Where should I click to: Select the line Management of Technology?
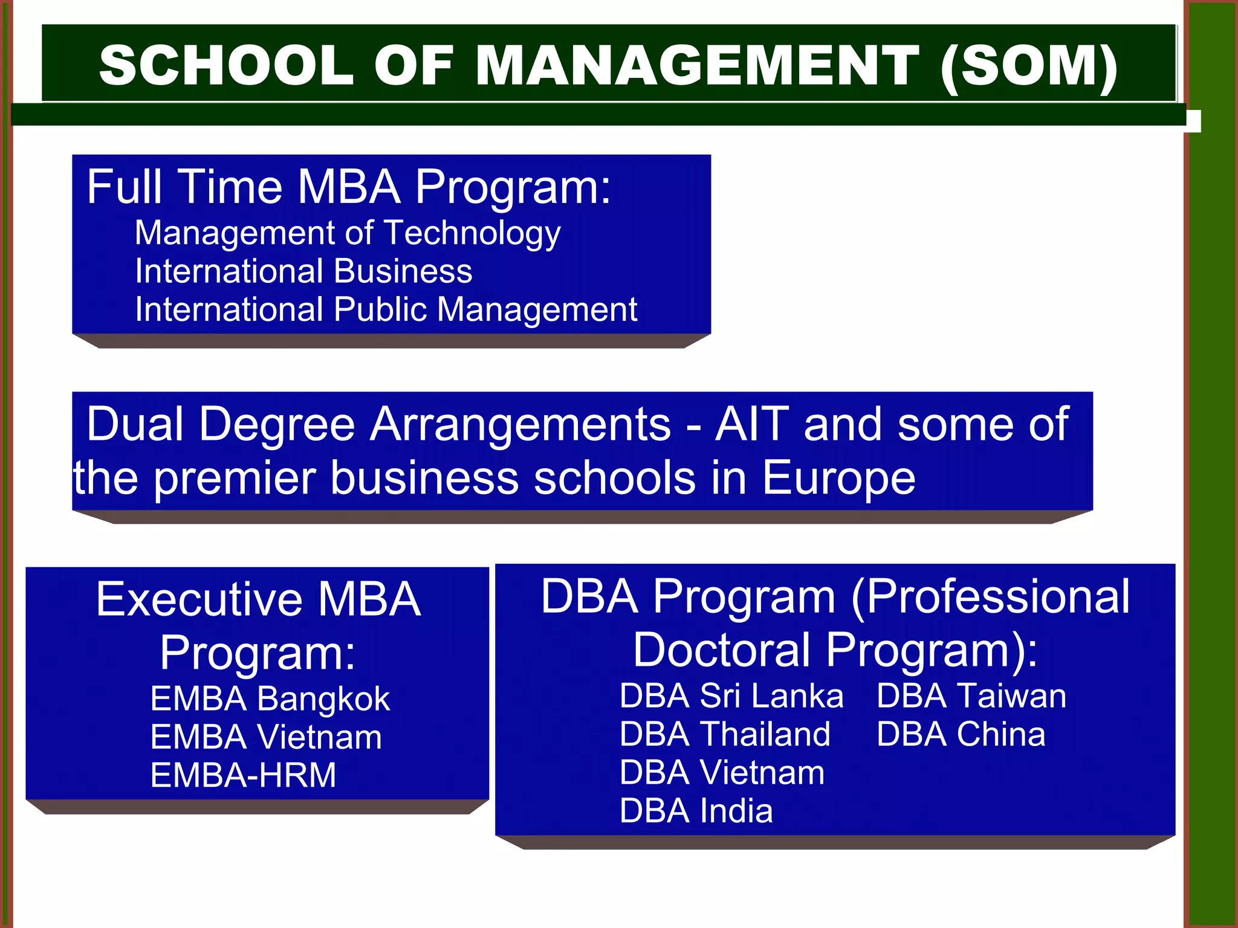tap(348, 233)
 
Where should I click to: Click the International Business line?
tap(303, 271)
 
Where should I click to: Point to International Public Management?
tap(386, 309)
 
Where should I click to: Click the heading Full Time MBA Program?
tap(349, 187)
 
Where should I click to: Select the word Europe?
tap(838, 478)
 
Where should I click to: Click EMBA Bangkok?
tap(270, 699)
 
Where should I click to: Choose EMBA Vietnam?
tap(266, 737)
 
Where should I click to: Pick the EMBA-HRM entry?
tap(243, 775)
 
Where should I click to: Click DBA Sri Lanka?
tap(731, 695)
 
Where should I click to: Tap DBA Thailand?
tap(725, 734)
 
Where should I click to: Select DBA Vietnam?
tap(722, 772)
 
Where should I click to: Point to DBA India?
tap(696, 811)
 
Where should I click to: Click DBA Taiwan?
tap(971, 695)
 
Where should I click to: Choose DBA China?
tap(961, 734)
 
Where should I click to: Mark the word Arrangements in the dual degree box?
tap(520, 424)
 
